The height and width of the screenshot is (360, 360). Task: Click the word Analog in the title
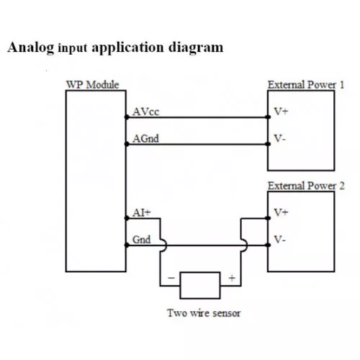(x=31, y=48)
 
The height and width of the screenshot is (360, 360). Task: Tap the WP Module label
(x=92, y=85)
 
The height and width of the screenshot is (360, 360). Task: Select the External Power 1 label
(x=306, y=85)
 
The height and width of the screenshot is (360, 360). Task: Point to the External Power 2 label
(x=306, y=186)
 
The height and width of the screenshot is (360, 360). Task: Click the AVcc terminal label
(x=145, y=112)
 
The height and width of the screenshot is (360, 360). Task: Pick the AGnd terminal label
(x=145, y=138)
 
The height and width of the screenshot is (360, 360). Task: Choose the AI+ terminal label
(x=142, y=212)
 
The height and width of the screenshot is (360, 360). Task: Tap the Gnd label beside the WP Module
(x=142, y=240)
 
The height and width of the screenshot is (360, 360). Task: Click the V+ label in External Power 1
(x=281, y=112)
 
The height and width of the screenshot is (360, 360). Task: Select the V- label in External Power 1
(x=280, y=138)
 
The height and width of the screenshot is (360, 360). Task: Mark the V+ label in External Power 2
(x=281, y=212)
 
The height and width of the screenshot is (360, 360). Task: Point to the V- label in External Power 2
(x=280, y=240)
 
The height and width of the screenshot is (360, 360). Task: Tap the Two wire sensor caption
(x=204, y=313)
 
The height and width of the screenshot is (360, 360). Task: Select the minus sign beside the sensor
(x=171, y=278)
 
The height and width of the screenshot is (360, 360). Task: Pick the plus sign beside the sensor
(x=232, y=278)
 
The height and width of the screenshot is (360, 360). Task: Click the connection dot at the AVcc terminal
(x=127, y=117)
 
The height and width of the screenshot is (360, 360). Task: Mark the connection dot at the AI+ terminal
(x=127, y=218)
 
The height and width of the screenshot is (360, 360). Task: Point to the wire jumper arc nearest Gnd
(x=165, y=245)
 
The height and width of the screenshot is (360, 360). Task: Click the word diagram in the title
(x=196, y=48)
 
